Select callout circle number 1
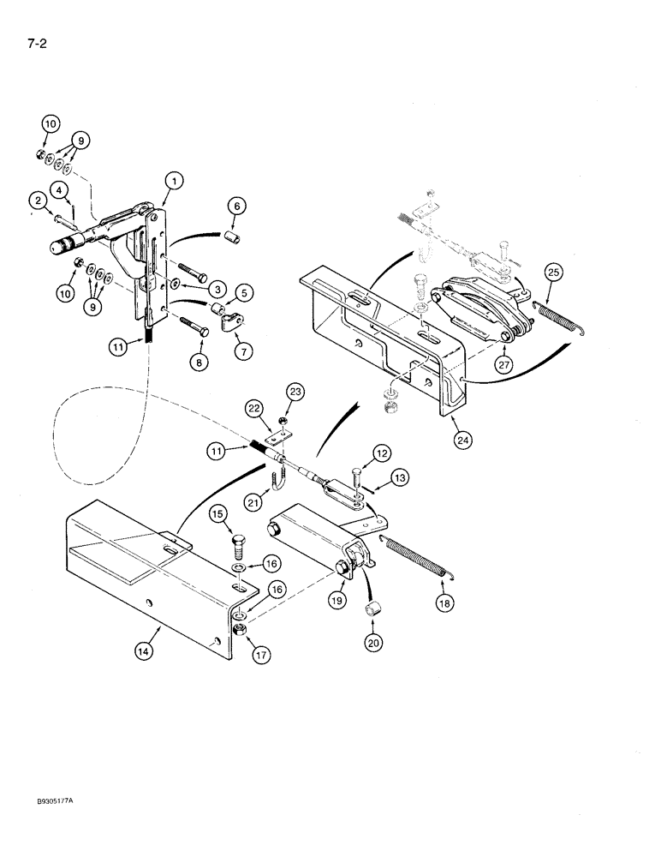pyautogui.click(x=174, y=181)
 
